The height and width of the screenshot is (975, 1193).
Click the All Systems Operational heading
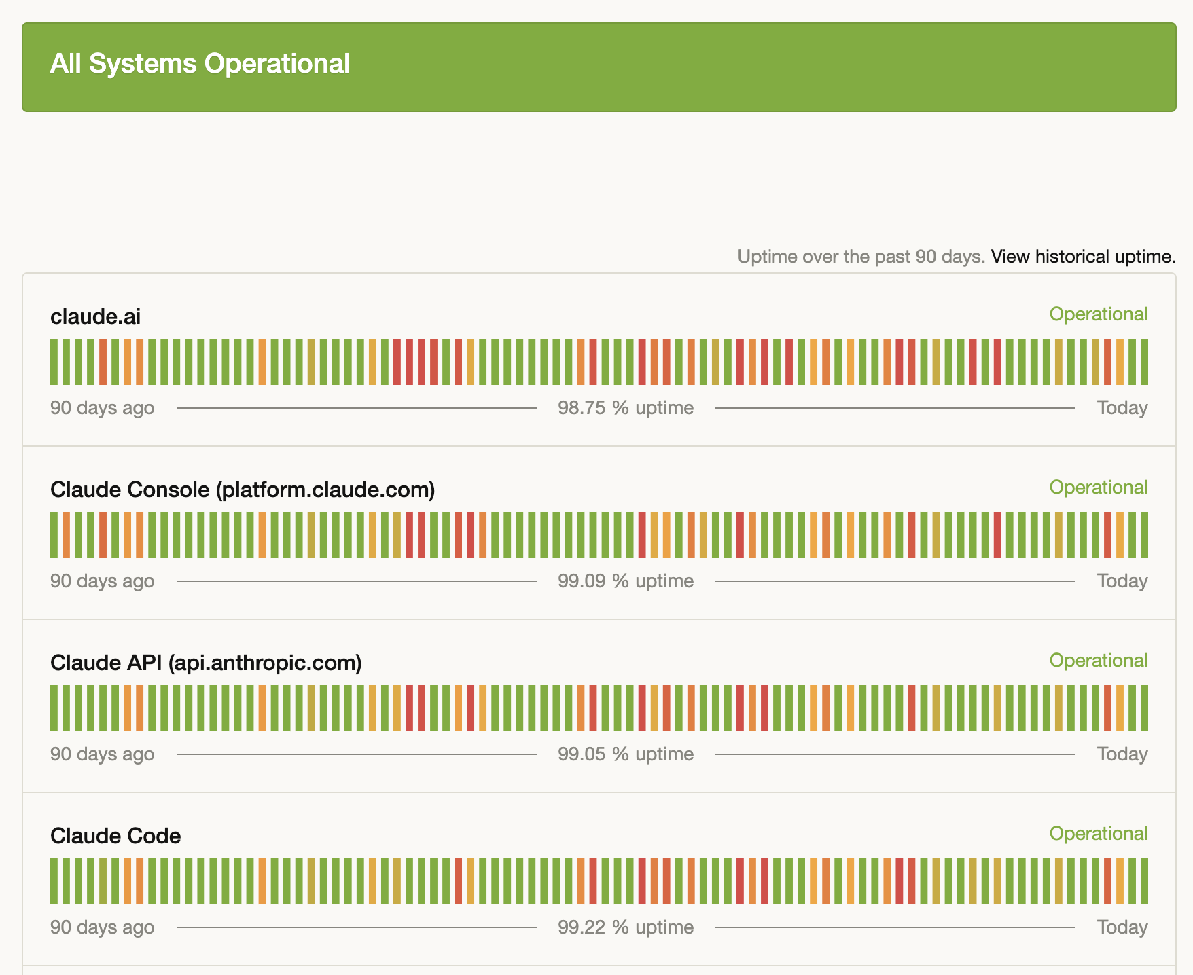pos(200,64)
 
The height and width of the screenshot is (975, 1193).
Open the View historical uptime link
pos(1083,257)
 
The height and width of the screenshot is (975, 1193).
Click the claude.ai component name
pos(96,316)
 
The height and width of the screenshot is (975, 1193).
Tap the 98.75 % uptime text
pos(626,408)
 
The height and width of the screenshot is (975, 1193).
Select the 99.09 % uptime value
pos(626,581)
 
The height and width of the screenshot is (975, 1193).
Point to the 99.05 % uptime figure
pos(626,754)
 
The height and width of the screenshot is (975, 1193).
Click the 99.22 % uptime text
pos(626,927)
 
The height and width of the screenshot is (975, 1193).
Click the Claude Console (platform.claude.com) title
pos(243,490)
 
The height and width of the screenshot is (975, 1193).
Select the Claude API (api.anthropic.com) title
pos(206,663)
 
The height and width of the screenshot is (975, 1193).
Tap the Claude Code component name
pos(115,836)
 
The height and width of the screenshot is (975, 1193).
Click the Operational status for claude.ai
pos(1098,314)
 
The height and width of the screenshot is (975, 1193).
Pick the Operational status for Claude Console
pos(1098,487)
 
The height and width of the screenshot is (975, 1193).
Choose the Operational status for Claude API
pos(1098,661)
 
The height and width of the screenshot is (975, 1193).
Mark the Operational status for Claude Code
pos(1098,834)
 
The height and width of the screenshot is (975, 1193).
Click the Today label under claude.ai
pos(1122,408)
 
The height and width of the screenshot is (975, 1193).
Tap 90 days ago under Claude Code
pos(102,927)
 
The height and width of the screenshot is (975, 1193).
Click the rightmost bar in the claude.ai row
pos(1145,362)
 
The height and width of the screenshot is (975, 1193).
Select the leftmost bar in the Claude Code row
pos(54,881)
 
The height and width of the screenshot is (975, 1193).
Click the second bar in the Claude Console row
pos(66,535)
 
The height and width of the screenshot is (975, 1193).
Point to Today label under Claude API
pos(1122,754)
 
